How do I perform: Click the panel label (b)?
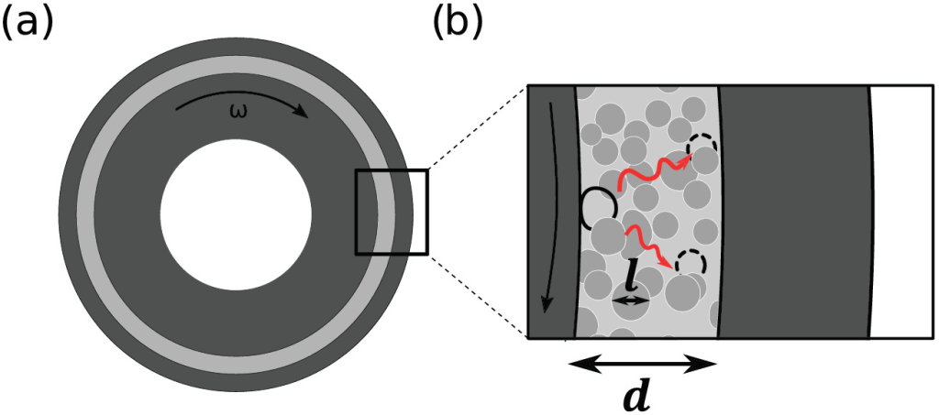point(457,25)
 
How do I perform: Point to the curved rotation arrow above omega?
point(241,100)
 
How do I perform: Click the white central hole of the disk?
point(236,214)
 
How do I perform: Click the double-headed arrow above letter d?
point(642,363)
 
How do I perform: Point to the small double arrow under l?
point(631,302)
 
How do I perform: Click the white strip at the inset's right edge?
point(901,213)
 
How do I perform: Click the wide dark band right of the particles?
point(793,213)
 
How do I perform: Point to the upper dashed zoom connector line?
point(478,128)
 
